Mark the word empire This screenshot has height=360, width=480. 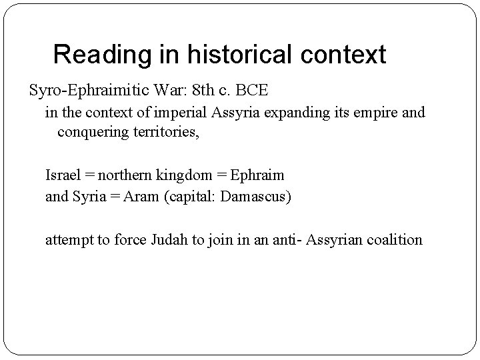pos(375,112)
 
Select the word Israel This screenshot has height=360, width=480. pos(61,175)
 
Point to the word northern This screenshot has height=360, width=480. pos(125,175)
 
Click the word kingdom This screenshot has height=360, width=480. pos(187,175)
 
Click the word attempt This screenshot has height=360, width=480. pos(69,239)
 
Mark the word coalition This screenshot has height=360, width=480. pos(393,239)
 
